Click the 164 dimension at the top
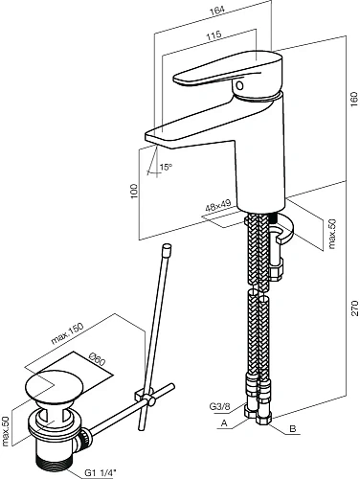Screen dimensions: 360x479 [217, 10]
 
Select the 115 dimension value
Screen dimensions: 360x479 [214, 34]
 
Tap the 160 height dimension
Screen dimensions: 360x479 [354, 100]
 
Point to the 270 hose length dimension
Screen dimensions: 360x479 [354, 308]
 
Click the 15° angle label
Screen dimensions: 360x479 [166, 167]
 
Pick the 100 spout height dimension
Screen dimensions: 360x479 [134, 191]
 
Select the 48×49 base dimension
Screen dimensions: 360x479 [218, 206]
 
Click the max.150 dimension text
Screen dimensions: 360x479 [67, 333]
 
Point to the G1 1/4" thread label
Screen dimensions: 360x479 [101, 472]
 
